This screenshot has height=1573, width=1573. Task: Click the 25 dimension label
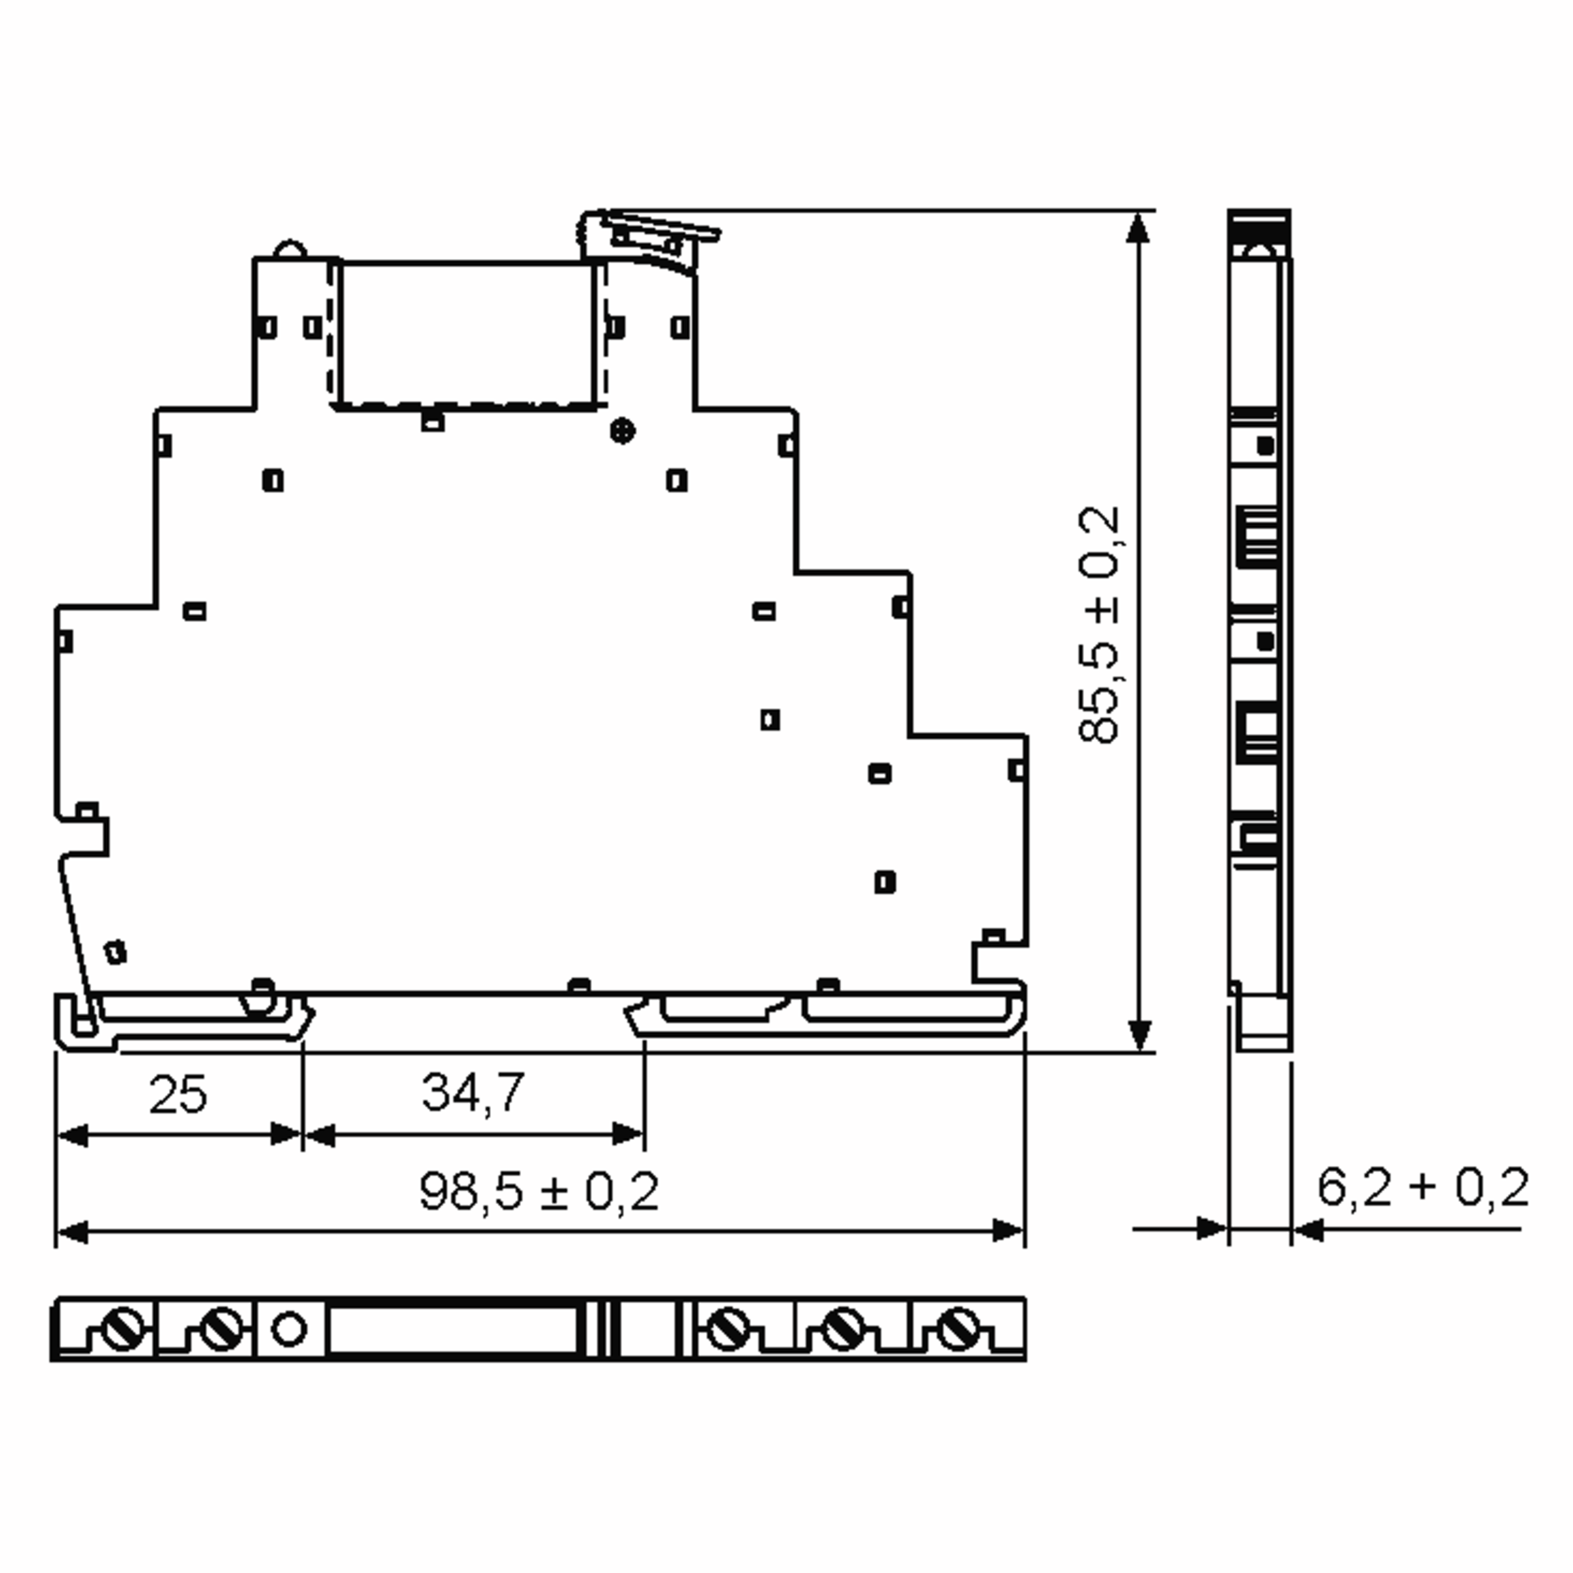point(178,1095)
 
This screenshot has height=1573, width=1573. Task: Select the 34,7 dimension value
point(473,1092)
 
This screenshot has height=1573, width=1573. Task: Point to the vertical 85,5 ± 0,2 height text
point(1099,625)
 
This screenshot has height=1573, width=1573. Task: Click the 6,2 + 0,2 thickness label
point(1422,1187)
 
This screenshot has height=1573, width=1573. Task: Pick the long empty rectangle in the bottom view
point(453,1330)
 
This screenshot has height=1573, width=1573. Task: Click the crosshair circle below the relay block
point(623,431)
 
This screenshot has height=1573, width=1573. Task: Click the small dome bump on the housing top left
point(289,249)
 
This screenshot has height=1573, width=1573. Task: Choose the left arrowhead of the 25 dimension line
point(71,1135)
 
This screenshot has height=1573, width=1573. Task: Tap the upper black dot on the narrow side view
point(1265,446)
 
